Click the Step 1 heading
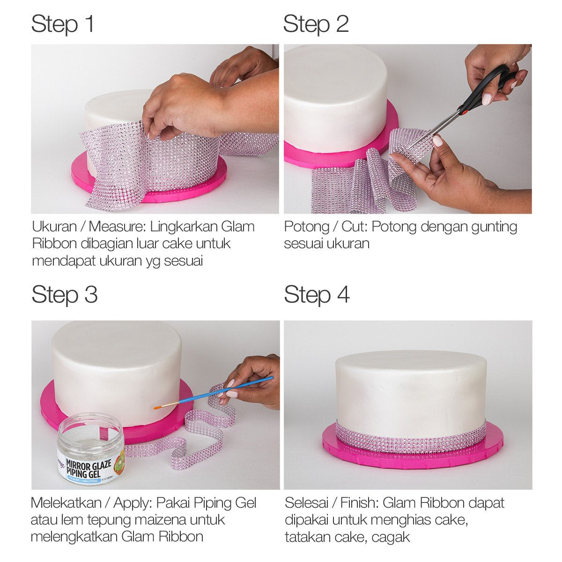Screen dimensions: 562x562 pyautogui.click(x=63, y=24)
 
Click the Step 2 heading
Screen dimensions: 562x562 pyautogui.click(x=316, y=24)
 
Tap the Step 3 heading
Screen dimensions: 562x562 pyautogui.click(x=65, y=295)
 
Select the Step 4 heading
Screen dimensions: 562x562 pyautogui.click(x=317, y=295)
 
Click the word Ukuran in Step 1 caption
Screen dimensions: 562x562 pyautogui.click(x=54, y=227)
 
